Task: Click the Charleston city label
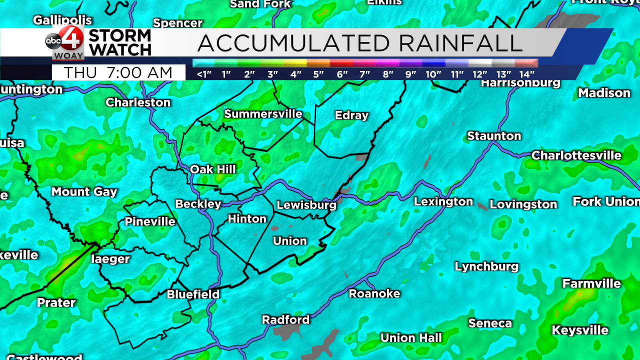(x=138, y=102)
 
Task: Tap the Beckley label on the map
(x=198, y=204)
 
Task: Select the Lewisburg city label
(x=306, y=205)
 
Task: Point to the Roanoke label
(x=374, y=293)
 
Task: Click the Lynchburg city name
(x=486, y=266)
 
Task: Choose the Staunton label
(x=494, y=136)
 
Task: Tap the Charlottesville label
(x=576, y=155)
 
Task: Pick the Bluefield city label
(x=193, y=294)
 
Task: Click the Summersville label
(x=263, y=114)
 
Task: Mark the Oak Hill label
(x=212, y=169)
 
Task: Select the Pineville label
(x=149, y=221)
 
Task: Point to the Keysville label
(x=580, y=330)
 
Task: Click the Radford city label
(x=285, y=319)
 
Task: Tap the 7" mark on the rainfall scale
(x=364, y=74)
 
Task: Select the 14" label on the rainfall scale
(x=526, y=74)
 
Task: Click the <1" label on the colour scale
(x=203, y=74)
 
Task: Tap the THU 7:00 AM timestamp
(x=118, y=73)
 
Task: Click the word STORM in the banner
(x=120, y=36)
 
